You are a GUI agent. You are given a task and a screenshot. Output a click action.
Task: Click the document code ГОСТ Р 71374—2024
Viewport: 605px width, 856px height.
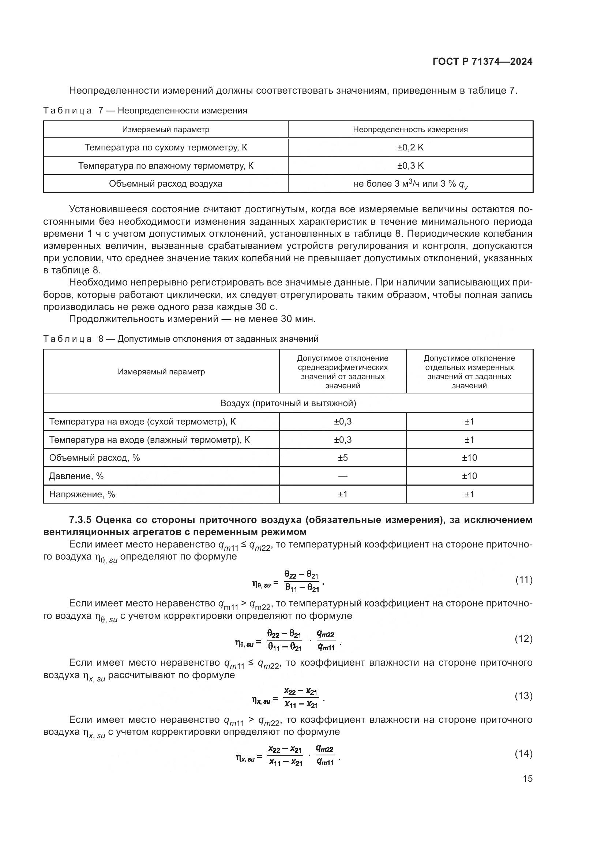(482, 62)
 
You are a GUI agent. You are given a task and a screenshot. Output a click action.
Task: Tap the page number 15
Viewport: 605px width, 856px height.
(527, 778)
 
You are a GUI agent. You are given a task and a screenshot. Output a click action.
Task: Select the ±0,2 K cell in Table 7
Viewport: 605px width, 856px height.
(410, 147)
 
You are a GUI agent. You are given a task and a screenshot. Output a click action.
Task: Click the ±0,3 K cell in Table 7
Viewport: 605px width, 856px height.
(410, 165)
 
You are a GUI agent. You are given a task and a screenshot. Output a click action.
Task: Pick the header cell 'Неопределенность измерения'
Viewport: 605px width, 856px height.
(410, 129)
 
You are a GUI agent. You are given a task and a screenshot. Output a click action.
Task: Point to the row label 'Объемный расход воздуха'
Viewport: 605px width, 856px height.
(165, 184)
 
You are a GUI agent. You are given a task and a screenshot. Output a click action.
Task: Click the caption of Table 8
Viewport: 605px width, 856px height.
(181, 339)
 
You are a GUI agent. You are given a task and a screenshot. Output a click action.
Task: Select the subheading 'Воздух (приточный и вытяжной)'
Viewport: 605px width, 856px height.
(288, 403)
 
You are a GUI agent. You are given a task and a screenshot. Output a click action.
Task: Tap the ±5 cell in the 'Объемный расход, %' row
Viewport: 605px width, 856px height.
(342, 458)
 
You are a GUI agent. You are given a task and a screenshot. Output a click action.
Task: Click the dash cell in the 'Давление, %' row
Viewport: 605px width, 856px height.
(342, 476)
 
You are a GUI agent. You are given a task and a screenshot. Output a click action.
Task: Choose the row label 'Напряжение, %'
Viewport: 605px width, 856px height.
(82, 494)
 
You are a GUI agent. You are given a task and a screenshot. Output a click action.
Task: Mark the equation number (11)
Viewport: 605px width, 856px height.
(524, 580)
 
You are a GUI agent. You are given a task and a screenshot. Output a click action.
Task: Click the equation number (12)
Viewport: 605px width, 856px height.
(524, 639)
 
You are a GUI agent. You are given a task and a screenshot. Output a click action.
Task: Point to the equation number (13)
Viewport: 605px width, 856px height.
(524, 696)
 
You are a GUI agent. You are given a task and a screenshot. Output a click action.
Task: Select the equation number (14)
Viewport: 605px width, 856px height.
(524, 754)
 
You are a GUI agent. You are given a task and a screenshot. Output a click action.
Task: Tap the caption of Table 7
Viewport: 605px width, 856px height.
(145, 111)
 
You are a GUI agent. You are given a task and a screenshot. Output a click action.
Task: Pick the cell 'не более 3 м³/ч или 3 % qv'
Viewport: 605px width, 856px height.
(410, 184)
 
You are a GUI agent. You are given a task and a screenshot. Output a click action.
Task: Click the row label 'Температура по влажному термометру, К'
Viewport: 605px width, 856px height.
(165, 165)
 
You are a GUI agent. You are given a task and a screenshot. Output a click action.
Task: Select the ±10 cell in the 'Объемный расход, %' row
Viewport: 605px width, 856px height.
(469, 458)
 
